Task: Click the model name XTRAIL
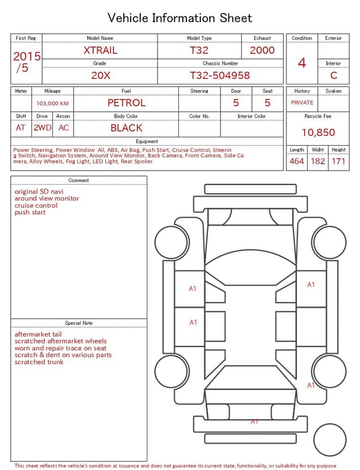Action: [100, 50]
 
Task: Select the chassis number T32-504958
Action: [220, 75]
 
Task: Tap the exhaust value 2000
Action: [262, 50]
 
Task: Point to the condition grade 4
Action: [302, 63]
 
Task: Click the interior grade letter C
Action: [334, 75]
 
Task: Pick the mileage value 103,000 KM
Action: [52, 104]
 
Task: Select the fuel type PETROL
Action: [127, 103]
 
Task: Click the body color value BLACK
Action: [127, 128]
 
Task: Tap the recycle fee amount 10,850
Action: [318, 132]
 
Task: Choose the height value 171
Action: [339, 161]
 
